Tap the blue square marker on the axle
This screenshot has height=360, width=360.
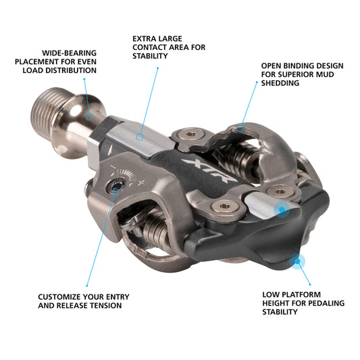[90, 115]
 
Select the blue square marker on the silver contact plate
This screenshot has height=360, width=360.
[140, 136]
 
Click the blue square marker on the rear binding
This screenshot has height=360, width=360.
[241, 126]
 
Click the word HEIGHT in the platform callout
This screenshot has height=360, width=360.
[276, 303]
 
